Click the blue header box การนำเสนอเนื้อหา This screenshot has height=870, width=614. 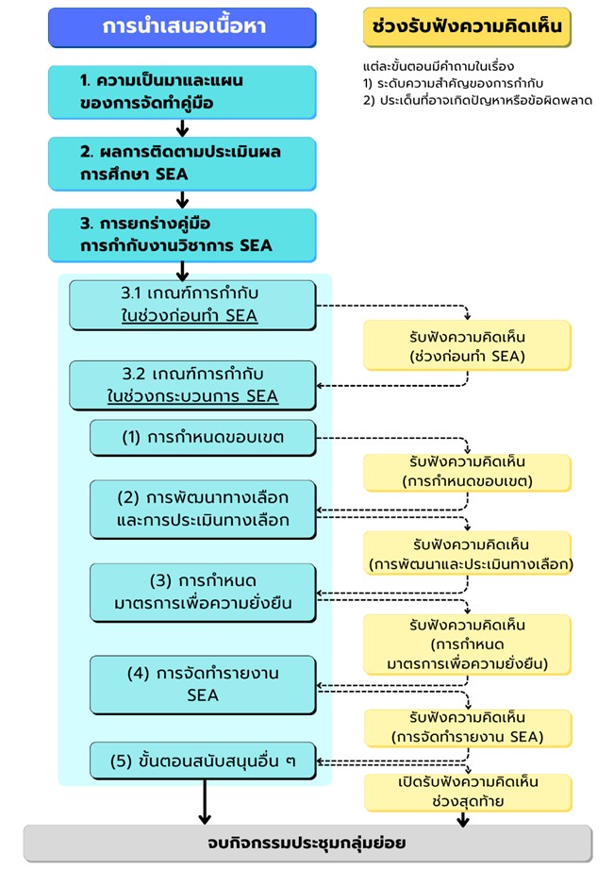(183, 27)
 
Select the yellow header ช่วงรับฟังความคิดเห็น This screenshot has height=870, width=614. (468, 27)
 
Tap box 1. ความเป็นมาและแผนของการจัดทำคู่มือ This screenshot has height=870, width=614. (182, 92)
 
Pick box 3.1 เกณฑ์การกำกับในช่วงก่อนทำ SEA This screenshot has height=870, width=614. (191, 306)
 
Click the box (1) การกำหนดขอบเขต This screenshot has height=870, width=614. (202, 437)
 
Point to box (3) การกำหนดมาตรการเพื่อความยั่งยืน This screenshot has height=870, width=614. (202, 592)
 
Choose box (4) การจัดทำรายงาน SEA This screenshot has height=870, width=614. (202, 685)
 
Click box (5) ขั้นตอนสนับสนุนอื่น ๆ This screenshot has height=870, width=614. (202, 761)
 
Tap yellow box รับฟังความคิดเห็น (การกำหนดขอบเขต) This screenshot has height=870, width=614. (468, 472)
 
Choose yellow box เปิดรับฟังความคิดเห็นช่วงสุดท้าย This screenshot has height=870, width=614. (468, 792)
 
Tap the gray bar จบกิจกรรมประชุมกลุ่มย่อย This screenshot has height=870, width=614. (307, 844)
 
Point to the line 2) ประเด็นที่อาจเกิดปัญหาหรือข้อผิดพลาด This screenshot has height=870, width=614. (477, 100)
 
